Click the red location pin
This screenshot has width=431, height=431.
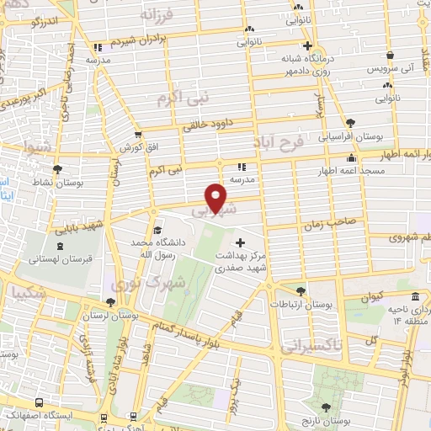tap(217, 198)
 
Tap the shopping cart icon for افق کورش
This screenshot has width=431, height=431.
tap(139, 135)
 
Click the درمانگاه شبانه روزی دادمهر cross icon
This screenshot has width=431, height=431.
tap(307, 45)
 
